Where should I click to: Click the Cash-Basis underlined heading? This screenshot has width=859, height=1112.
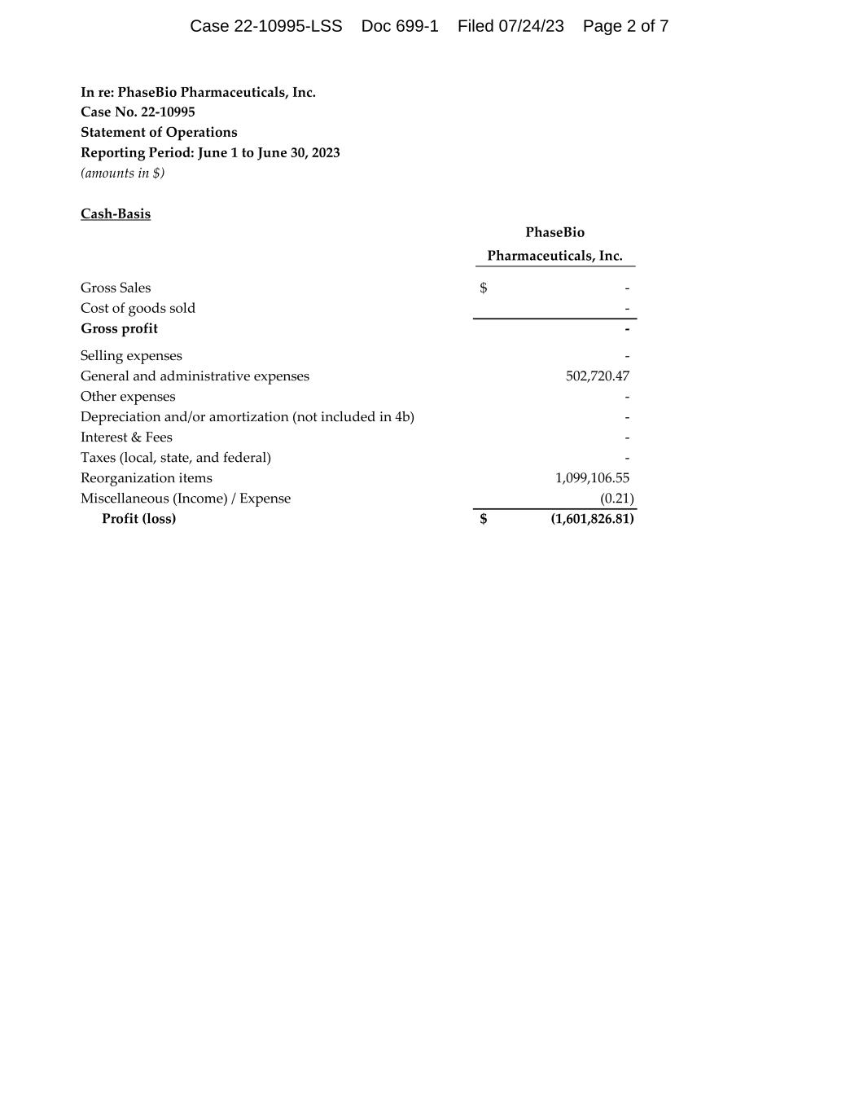[x=116, y=214]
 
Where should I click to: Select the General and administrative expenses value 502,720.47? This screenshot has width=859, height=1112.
[x=597, y=376]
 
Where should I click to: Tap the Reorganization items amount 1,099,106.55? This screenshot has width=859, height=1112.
[x=592, y=478]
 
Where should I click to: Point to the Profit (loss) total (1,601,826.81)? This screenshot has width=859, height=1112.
[x=592, y=519]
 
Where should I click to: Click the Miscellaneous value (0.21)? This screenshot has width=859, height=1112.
[x=616, y=499]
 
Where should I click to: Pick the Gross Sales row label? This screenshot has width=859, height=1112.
[x=116, y=288]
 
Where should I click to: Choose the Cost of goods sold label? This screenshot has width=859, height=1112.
[x=138, y=308]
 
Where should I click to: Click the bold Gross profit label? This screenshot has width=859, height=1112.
[x=119, y=328]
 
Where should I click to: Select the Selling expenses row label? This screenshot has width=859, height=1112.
[x=131, y=356]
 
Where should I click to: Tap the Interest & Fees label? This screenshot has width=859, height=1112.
[x=126, y=437]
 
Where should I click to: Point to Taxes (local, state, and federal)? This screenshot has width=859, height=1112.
[x=176, y=458]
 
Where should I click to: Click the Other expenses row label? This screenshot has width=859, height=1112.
[x=128, y=397]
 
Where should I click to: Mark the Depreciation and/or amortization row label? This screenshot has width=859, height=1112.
[x=247, y=417]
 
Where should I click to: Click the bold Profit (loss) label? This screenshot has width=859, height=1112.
[x=138, y=519]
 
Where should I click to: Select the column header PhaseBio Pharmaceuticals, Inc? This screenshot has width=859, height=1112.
[x=554, y=244]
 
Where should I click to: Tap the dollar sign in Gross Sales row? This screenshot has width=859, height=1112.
[x=484, y=288]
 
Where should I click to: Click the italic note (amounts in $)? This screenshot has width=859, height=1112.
[x=122, y=173]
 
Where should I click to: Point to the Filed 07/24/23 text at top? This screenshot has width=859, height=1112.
[x=511, y=26]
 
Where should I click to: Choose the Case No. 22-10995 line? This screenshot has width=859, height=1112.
[x=138, y=112]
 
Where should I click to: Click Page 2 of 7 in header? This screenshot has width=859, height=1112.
[x=625, y=26]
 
